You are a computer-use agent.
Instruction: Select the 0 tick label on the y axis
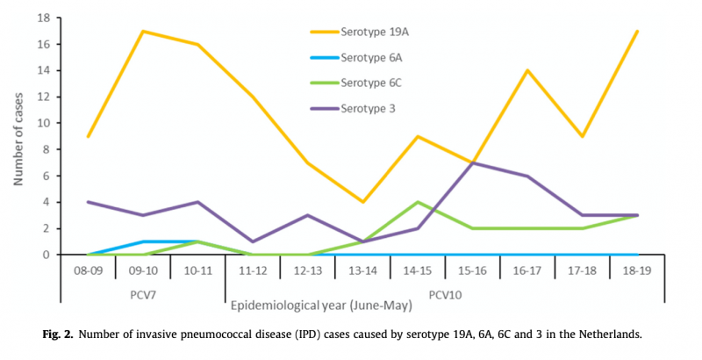pos(58,255)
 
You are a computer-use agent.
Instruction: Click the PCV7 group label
pos(142,291)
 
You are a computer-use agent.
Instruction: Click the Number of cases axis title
pos(20,136)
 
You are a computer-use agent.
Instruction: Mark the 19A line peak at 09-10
pos(143,32)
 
